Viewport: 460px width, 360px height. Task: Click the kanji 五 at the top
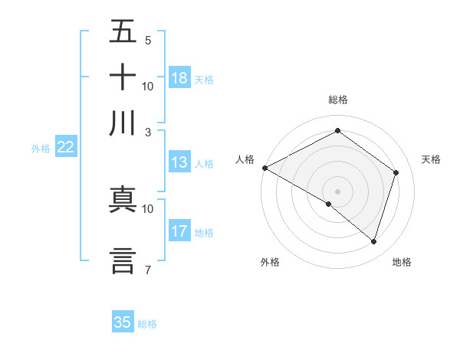[x=123, y=33]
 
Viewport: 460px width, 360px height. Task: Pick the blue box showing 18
[x=179, y=78]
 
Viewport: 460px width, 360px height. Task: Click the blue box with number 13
[x=179, y=162]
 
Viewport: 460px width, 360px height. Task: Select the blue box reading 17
[x=179, y=231]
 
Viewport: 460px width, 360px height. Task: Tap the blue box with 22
[x=65, y=148]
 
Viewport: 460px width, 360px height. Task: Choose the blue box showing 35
[x=123, y=322]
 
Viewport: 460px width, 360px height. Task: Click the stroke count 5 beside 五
[x=147, y=40]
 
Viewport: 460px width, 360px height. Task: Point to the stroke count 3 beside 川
[x=147, y=131]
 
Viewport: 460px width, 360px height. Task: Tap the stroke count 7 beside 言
[x=147, y=269]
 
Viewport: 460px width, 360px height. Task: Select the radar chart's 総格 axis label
[x=338, y=100]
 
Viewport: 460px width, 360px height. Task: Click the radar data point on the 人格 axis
[x=264, y=168]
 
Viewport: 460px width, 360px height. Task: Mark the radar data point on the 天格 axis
[x=396, y=172]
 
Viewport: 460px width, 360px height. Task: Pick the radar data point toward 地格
[x=373, y=242]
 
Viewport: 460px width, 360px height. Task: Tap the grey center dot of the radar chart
[x=338, y=191]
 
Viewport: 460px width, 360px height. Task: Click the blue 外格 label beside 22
[x=41, y=149]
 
